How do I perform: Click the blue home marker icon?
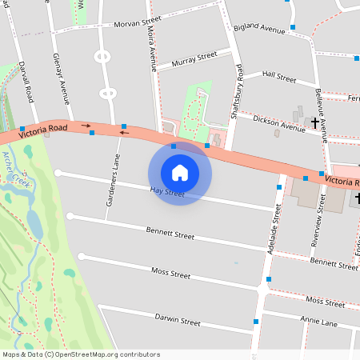pos(180,172)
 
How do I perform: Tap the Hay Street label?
pos(167,193)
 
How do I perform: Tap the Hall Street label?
pos(279,77)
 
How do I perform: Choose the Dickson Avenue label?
pos(275,122)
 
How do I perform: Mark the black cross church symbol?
pos(314,123)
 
